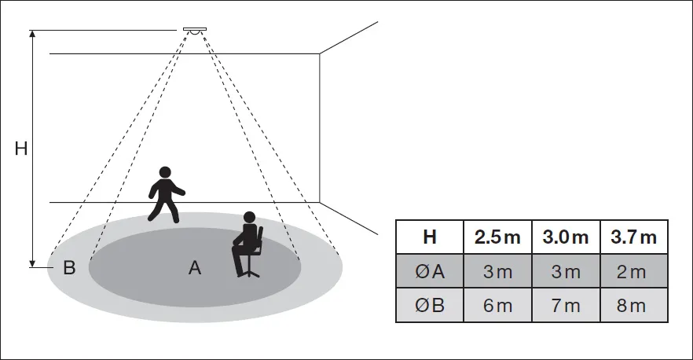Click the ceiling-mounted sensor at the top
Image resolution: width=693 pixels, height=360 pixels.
(194, 31)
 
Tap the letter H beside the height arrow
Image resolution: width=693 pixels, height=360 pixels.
(21, 149)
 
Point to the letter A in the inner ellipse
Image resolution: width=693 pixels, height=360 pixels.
(195, 268)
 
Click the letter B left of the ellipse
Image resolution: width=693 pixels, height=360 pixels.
(69, 268)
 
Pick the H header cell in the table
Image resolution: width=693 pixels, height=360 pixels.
(429, 237)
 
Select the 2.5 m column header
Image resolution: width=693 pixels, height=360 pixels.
(497, 237)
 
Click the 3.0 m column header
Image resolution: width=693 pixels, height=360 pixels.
(565, 237)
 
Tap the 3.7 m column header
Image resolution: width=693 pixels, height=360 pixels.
(632, 237)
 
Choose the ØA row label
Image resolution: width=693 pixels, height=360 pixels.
(429, 271)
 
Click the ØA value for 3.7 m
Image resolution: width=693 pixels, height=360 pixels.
(632, 271)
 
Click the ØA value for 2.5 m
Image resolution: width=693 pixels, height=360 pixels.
(497, 271)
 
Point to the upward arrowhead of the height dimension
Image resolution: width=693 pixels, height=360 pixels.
(33, 35)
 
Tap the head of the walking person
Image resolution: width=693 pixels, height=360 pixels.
(165, 172)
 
